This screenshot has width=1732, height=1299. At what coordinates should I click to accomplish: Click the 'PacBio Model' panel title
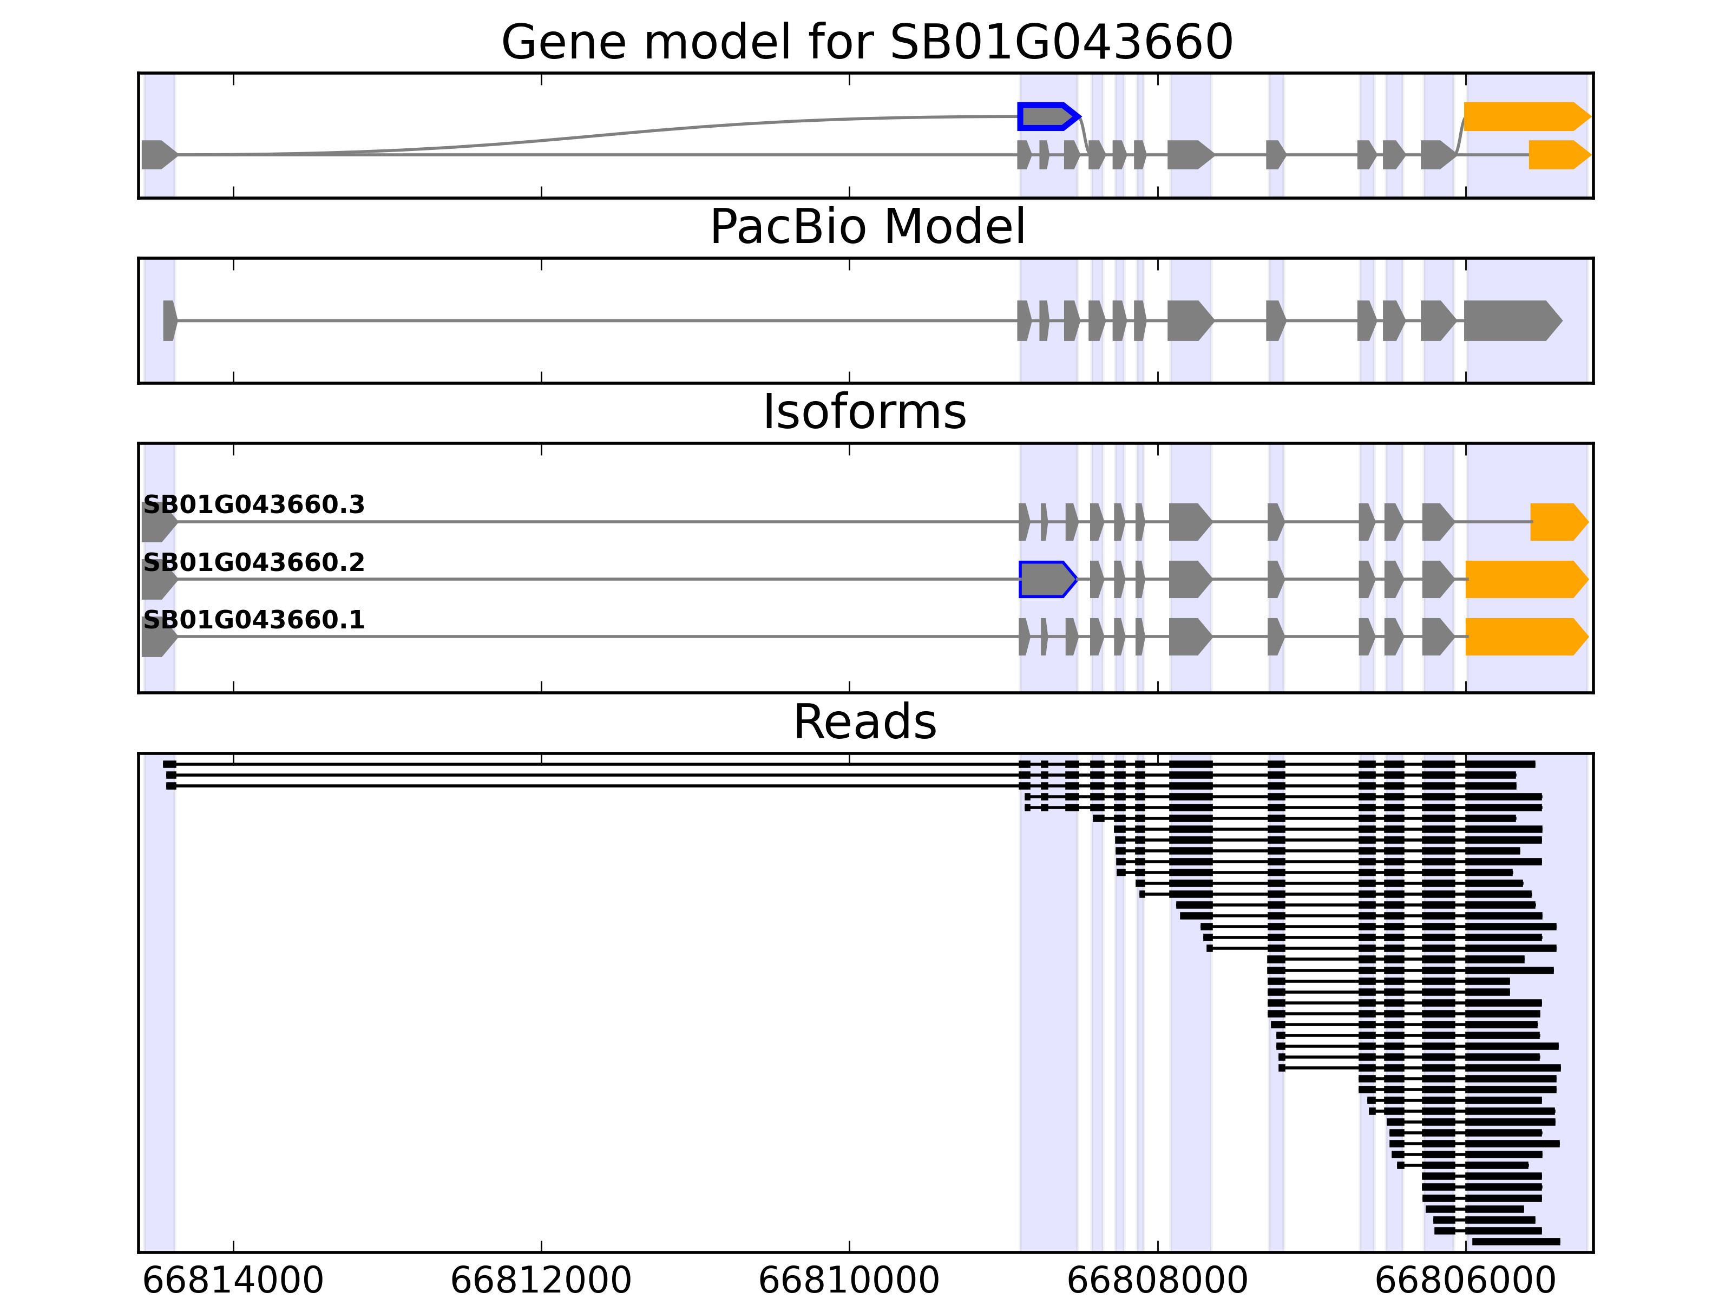(x=867, y=227)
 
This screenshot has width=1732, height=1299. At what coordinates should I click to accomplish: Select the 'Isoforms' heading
(x=864, y=412)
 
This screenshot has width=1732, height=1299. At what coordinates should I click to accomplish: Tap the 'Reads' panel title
(x=864, y=722)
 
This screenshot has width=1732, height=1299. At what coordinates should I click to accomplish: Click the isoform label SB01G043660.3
(x=254, y=505)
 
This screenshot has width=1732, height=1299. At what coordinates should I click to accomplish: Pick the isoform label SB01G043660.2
(x=254, y=563)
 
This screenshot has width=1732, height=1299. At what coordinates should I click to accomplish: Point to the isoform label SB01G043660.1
(x=254, y=620)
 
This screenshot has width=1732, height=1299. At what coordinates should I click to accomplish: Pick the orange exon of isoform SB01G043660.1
(x=1524, y=637)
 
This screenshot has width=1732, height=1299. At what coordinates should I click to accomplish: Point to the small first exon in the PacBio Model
(x=169, y=321)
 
